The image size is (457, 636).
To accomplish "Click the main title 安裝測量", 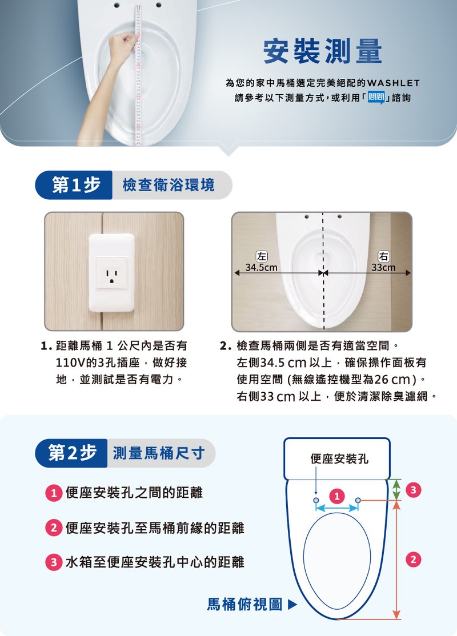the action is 323,51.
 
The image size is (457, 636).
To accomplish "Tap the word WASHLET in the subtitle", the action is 393,83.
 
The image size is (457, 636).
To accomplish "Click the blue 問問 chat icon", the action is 376,98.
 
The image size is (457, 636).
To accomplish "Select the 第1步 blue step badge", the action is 74,185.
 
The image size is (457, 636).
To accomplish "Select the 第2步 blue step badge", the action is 71,453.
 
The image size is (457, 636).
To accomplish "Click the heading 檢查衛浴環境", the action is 169,185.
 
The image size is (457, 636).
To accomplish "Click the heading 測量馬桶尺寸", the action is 159,453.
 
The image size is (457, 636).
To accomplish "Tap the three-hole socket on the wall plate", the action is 111,273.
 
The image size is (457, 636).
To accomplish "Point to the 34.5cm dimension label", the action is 262,268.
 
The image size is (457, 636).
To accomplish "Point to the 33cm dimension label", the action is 383,268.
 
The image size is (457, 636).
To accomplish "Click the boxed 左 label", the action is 262,256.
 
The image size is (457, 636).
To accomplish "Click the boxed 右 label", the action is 383,256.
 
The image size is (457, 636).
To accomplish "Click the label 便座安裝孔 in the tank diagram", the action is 339,459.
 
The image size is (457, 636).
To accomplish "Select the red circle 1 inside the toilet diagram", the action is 337,496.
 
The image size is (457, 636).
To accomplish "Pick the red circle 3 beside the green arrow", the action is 413,490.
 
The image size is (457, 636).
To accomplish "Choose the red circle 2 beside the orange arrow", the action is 413,559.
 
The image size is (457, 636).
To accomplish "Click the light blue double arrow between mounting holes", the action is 337,508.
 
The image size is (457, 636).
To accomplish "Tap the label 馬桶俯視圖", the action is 244,605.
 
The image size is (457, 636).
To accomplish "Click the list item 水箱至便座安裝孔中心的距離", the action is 155,562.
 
